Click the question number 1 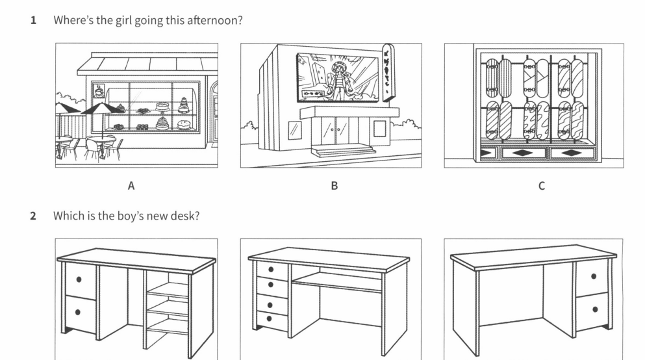tap(33, 20)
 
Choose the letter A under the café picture tap(131, 186)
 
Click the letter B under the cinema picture tap(334, 186)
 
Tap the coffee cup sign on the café tap(98, 89)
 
